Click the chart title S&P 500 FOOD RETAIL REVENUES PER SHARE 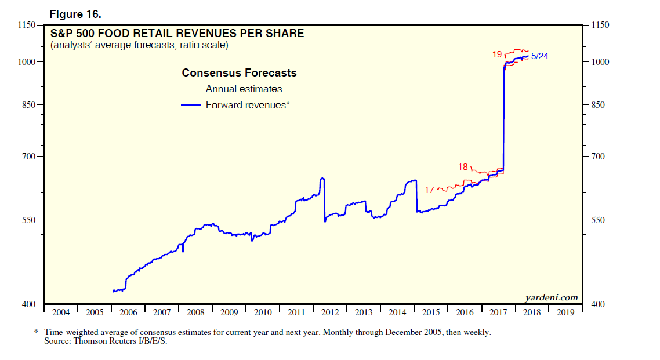point(177,34)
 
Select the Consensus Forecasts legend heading point(239,73)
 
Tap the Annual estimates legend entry point(244,89)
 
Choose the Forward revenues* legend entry point(247,105)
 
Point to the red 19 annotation point(497,54)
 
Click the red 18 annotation point(463,167)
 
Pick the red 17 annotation point(429,190)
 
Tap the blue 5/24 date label point(540,56)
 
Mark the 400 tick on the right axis point(600,304)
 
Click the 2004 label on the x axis point(61,312)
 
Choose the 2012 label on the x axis point(330,312)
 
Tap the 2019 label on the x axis point(565,312)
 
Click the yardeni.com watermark point(552,297)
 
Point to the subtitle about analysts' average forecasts point(139,45)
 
